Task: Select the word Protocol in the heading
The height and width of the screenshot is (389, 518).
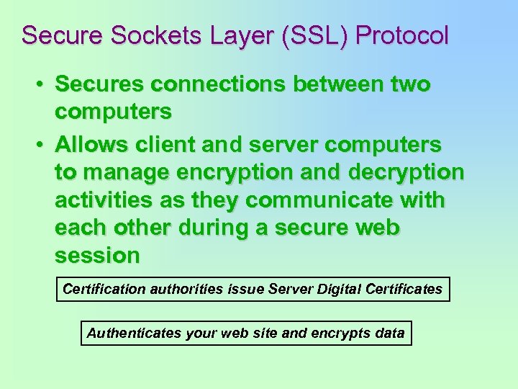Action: pyautogui.click(x=402, y=35)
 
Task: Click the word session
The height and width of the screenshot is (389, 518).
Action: pyautogui.click(x=97, y=256)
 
